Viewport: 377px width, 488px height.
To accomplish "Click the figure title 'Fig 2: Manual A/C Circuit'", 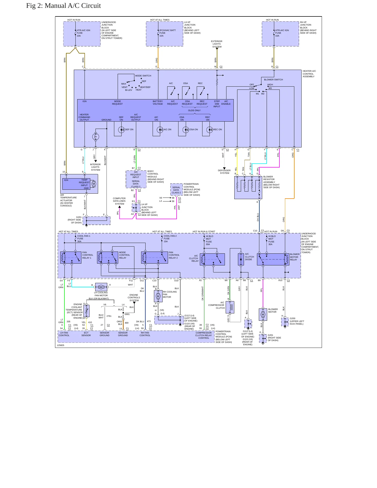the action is [x=63, y=6].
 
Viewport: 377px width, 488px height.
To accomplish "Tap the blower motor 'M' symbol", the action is [x=263, y=314].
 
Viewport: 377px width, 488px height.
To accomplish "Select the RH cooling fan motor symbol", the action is [x=158, y=296].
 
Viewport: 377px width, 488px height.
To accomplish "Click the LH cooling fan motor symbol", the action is [x=101, y=287].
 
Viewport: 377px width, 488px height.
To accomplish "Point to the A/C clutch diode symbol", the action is [x=241, y=259].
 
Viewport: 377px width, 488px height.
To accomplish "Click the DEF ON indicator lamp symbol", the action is [x=121, y=130].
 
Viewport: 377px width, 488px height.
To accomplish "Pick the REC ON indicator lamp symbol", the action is [x=210, y=130].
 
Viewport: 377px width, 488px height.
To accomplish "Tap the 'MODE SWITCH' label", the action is [x=143, y=76].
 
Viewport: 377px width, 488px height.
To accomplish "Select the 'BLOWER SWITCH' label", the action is [x=273, y=80].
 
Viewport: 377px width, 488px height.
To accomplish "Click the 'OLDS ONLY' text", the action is [x=194, y=110].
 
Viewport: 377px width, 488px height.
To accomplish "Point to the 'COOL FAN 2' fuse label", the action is [x=170, y=236].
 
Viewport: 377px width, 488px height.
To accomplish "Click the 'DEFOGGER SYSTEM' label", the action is [x=224, y=172].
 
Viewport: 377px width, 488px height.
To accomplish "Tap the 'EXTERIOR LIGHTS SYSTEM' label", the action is [x=217, y=44].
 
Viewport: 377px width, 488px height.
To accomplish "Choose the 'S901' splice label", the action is [x=127, y=314].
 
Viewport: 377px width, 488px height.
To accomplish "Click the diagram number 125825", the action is [x=61, y=345].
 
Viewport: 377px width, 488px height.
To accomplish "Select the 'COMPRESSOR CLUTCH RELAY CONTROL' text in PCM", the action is [x=204, y=335].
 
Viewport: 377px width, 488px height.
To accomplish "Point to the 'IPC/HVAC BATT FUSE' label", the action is [x=167, y=32].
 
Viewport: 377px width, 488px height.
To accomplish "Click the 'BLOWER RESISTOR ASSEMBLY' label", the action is [x=269, y=179].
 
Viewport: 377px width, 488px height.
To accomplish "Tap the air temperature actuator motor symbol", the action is [x=94, y=184].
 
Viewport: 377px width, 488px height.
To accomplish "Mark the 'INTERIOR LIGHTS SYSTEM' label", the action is [x=95, y=167].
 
